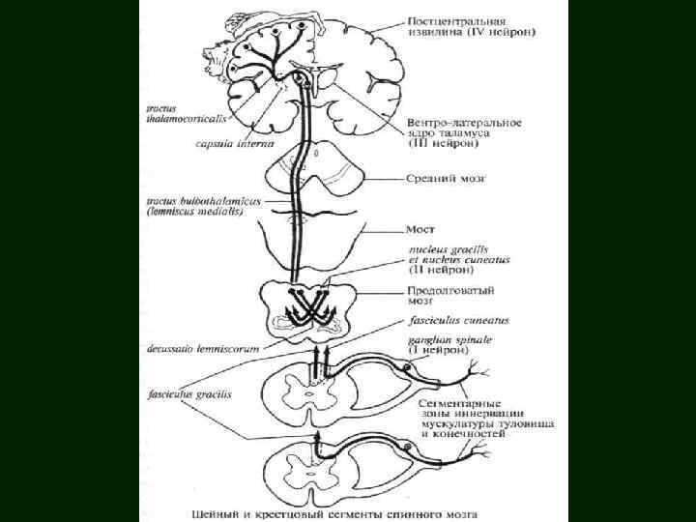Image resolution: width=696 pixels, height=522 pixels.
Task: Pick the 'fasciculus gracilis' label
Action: [x=184, y=394]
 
